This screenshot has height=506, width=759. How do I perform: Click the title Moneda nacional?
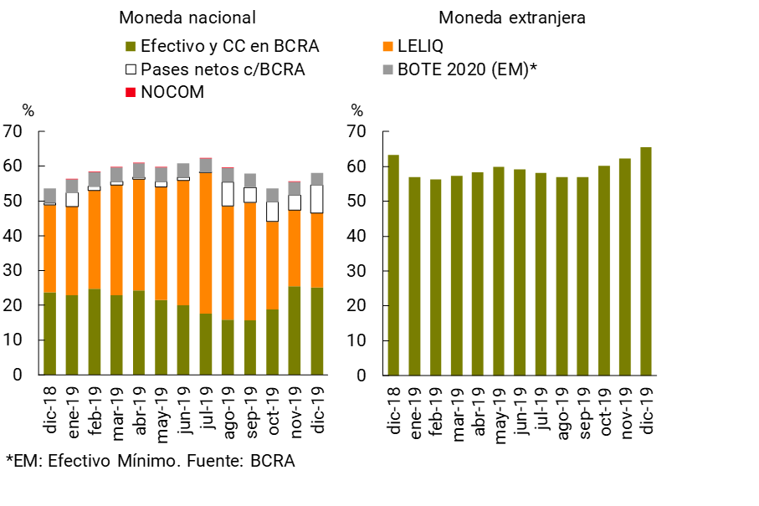click(x=187, y=18)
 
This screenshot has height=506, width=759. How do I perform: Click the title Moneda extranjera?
click(x=512, y=18)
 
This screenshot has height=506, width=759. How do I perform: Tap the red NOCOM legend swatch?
click(x=130, y=92)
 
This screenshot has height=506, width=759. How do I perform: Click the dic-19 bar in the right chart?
click(x=646, y=261)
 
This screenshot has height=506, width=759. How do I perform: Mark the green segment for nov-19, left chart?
click(x=294, y=330)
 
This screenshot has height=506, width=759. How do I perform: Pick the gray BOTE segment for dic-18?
click(x=50, y=195)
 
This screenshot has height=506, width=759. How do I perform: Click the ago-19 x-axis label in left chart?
click(x=228, y=408)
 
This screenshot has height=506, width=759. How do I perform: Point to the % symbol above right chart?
click(x=357, y=110)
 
